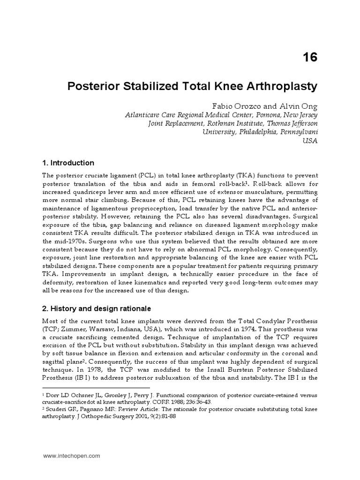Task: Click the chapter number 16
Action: tap(309, 57)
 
